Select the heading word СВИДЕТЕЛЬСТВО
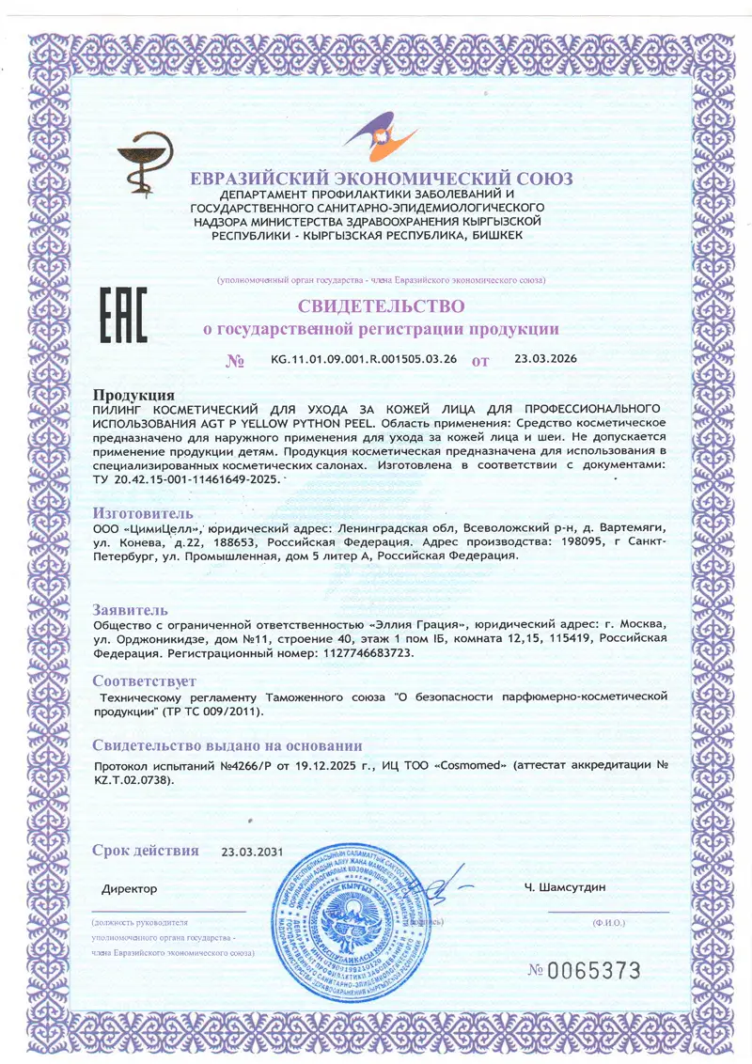pyautogui.click(x=381, y=306)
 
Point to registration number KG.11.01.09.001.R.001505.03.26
pyautogui.click(x=363, y=359)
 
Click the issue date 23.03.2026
pyautogui.click(x=546, y=358)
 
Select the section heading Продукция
pyautogui.click(x=133, y=395)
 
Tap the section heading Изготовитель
pyautogui.click(x=143, y=513)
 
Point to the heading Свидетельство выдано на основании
pyautogui.click(x=227, y=745)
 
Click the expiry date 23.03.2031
pyautogui.click(x=252, y=853)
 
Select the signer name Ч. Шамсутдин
pyautogui.click(x=565, y=887)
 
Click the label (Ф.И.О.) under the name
pyautogui.click(x=608, y=924)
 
